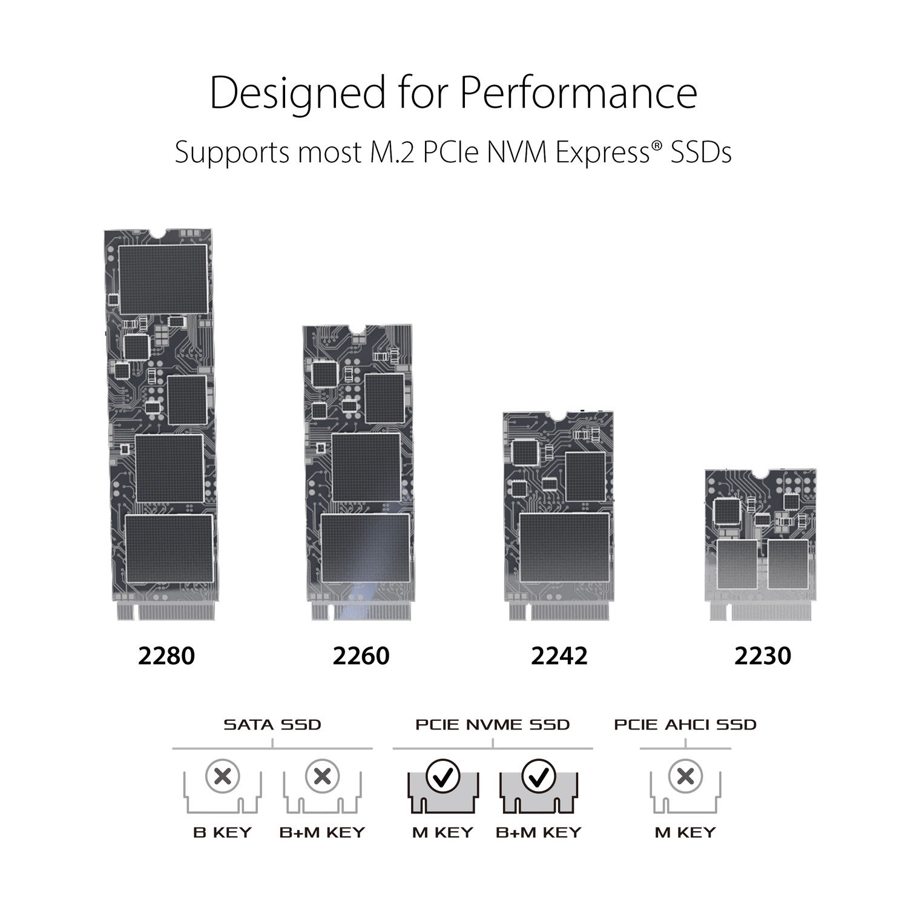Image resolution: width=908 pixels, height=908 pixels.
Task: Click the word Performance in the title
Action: point(578,94)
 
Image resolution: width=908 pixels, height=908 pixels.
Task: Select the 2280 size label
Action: point(166,656)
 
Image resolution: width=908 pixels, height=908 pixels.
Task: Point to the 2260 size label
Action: point(361,656)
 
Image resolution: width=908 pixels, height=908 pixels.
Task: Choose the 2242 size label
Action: point(559,656)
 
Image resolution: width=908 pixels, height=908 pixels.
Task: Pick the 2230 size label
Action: point(763,656)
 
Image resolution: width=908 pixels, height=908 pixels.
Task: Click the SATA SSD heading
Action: point(272,725)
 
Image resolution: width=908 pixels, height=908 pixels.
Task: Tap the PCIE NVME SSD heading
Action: point(493,725)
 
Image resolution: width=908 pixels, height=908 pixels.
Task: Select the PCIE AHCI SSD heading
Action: point(685,725)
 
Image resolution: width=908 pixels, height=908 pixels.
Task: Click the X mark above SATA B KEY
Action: point(223,776)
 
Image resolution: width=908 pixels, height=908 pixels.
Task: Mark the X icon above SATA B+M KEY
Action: point(323,776)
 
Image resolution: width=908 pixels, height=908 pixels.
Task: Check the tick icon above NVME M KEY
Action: point(444,776)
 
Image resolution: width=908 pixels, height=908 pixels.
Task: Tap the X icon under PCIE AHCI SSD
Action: point(685,776)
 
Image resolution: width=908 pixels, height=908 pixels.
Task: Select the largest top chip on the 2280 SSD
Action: point(163,279)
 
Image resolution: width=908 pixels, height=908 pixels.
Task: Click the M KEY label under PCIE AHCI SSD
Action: point(685,832)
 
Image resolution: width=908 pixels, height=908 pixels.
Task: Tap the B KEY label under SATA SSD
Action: point(222,832)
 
